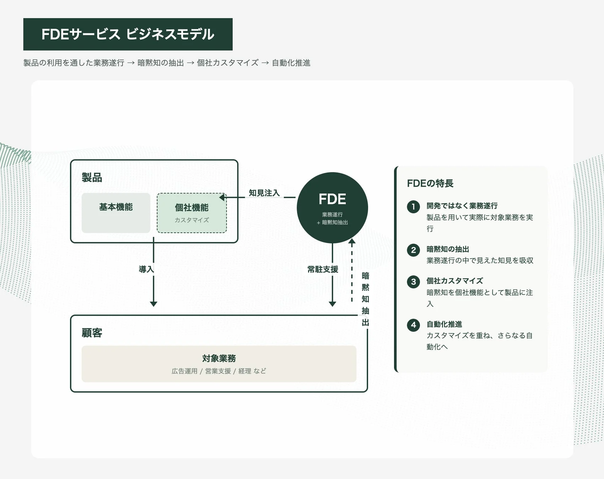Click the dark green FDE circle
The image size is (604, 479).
point(332,208)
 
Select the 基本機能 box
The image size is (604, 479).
point(116,213)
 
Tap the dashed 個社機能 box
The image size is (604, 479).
point(192,213)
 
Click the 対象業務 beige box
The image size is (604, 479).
point(219,364)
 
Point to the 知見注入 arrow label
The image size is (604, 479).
point(264,193)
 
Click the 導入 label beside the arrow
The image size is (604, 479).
point(146,269)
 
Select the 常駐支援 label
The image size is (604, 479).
point(323,269)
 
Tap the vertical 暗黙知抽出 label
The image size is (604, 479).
point(365,299)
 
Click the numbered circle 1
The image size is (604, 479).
point(413,207)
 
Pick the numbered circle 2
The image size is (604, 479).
point(413,250)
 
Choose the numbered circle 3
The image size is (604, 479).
point(413,282)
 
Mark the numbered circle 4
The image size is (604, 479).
point(413,325)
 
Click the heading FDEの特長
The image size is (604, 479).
point(430,183)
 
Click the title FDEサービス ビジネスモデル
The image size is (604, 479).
point(128,34)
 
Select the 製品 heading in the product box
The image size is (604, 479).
point(92,177)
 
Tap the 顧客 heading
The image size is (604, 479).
point(92,333)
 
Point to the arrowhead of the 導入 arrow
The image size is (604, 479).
point(153,304)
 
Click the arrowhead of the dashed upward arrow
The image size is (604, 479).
point(352,242)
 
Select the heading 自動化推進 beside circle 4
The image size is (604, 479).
point(444,324)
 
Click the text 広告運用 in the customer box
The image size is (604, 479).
point(184,371)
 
